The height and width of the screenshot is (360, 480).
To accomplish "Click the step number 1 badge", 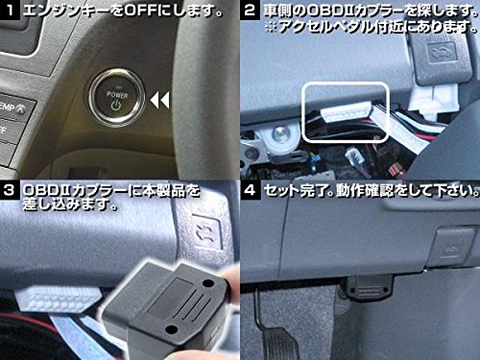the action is point(10,10).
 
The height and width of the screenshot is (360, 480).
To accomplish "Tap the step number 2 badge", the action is point(250,10).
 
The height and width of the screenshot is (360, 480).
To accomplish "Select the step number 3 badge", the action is point(10,190).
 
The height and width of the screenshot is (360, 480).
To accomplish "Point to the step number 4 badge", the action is point(250,190).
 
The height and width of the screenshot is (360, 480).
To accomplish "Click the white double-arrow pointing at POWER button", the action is point(159,100).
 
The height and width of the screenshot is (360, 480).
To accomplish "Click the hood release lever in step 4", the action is point(453,244).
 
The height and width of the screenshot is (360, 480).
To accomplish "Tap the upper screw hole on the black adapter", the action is point(208,283).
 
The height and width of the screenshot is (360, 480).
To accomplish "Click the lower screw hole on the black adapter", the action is point(172,329).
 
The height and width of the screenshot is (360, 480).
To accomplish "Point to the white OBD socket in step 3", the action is point(58,299).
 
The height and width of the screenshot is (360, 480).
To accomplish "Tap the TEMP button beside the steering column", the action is point(13,108).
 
